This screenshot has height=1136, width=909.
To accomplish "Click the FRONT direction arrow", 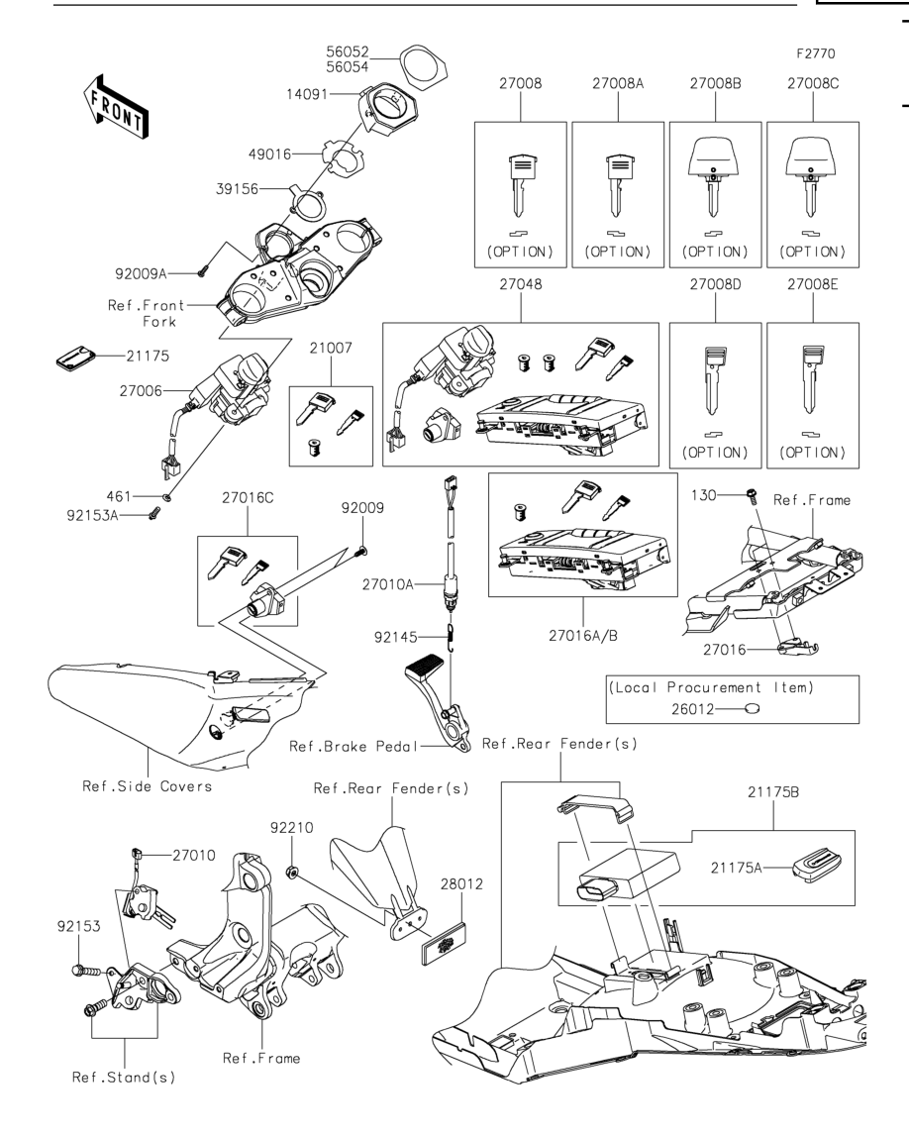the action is pyautogui.click(x=116, y=106).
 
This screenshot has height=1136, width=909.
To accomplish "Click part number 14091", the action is pyautogui.click(x=307, y=94).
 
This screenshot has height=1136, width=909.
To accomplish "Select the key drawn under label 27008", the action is pyautogui.click(x=520, y=185).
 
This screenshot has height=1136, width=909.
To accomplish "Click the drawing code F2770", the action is pyautogui.click(x=816, y=53).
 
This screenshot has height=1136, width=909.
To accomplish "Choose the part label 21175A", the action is pyautogui.click(x=736, y=868).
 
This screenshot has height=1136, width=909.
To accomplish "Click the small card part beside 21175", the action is pyautogui.click(x=75, y=358).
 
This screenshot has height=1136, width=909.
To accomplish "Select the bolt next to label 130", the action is pyautogui.click(x=752, y=495).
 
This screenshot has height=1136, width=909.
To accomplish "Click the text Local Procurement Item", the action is pyautogui.click(x=711, y=687).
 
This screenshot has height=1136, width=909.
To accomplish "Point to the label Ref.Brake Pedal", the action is pyautogui.click(x=353, y=746).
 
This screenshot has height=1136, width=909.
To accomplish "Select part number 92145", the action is pyautogui.click(x=395, y=637).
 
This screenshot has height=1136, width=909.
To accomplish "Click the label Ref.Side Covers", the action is pyautogui.click(x=147, y=786).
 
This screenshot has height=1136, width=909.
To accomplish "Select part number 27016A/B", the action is pyautogui.click(x=583, y=636).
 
